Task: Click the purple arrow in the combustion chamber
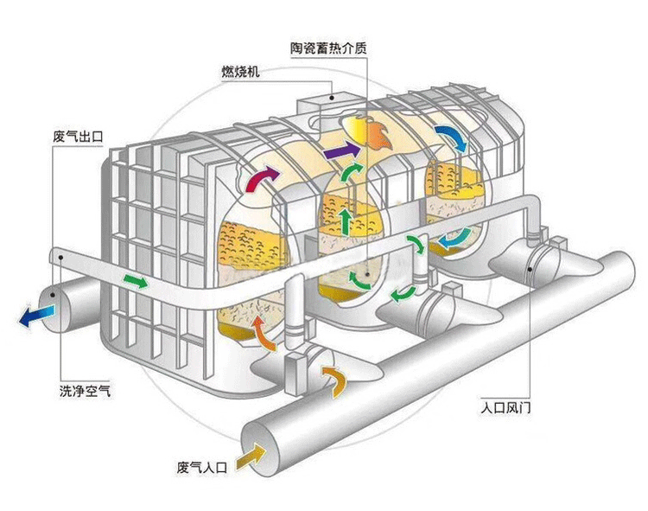click(343, 152)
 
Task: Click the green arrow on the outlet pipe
click(134, 281)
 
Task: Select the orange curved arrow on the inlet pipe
click(334, 377)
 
